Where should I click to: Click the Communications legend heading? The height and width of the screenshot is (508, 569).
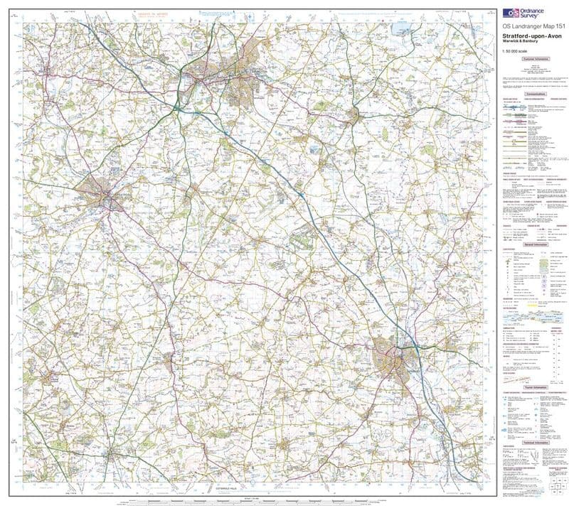pos(535,94)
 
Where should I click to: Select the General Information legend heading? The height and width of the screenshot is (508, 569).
pos(535,243)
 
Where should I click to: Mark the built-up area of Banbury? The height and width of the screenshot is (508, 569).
pos(393,359)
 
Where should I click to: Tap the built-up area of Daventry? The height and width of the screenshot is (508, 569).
pos(353,114)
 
